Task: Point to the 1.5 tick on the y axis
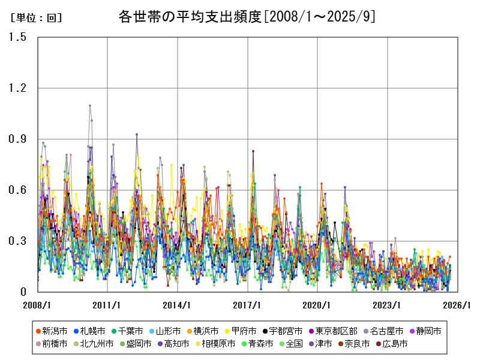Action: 18,37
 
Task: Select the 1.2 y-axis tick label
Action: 18,88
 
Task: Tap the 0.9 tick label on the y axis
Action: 18,139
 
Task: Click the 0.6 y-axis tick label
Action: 18,190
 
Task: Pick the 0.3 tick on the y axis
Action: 18,241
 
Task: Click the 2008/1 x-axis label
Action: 37,305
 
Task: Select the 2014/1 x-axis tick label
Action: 178,305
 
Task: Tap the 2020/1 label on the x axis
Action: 317,305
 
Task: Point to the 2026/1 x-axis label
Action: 457,305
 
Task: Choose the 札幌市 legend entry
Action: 91,331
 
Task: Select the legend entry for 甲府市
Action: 244,331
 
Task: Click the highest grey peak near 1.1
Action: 90,106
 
